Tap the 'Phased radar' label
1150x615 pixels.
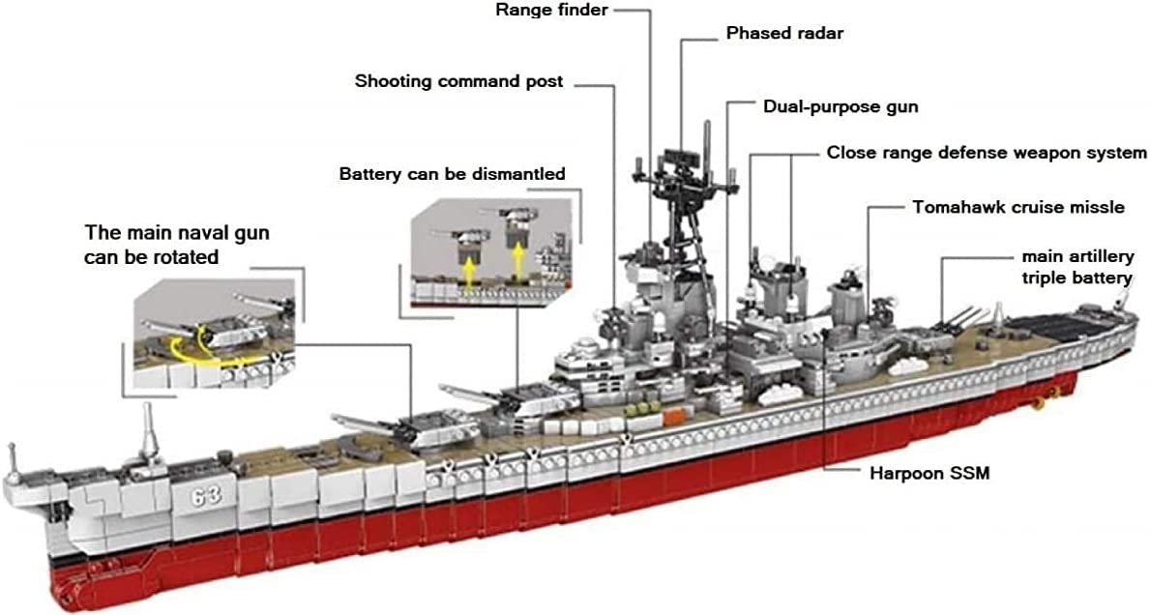coord(784,34)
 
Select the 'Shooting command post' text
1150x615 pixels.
coord(458,81)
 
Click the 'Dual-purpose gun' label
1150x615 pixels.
coord(840,106)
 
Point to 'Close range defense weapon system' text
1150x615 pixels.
coord(986,153)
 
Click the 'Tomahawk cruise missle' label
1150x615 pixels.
coord(1017,207)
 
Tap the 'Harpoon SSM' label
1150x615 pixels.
coord(929,474)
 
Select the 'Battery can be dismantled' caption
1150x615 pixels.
coord(452,174)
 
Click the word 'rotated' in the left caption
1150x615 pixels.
coord(185,257)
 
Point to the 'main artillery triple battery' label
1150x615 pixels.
coord(1076,267)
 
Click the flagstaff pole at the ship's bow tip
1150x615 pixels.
coord(12,459)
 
